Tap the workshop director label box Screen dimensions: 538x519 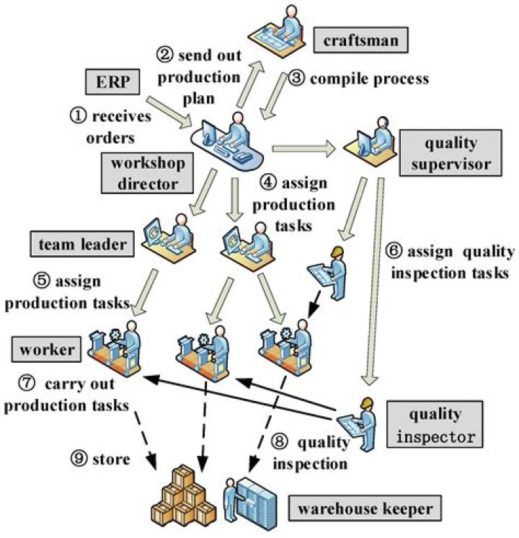(x=148, y=172)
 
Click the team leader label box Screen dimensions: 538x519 (x=84, y=244)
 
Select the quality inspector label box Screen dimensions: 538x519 (x=435, y=425)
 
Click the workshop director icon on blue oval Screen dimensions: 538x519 (x=229, y=136)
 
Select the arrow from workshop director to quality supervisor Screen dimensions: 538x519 (x=302, y=149)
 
